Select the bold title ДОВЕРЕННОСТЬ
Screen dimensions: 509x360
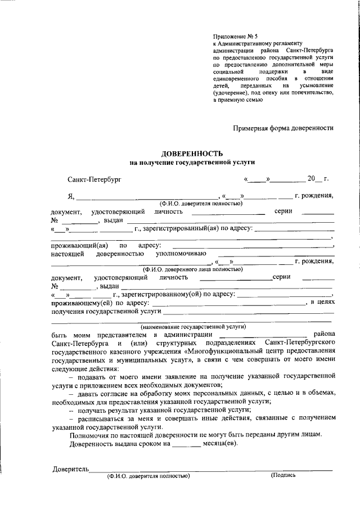coord(192,154)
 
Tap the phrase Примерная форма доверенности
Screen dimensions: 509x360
coord(283,128)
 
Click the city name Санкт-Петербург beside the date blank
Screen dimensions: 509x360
coord(93,179)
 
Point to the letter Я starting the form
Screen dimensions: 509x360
coord(70,196)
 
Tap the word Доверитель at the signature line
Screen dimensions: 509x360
coord(71,469)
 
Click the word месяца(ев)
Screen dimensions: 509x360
coord(219,444)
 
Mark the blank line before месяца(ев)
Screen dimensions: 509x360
coord(186,444)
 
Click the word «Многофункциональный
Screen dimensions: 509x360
coord(217,350)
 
